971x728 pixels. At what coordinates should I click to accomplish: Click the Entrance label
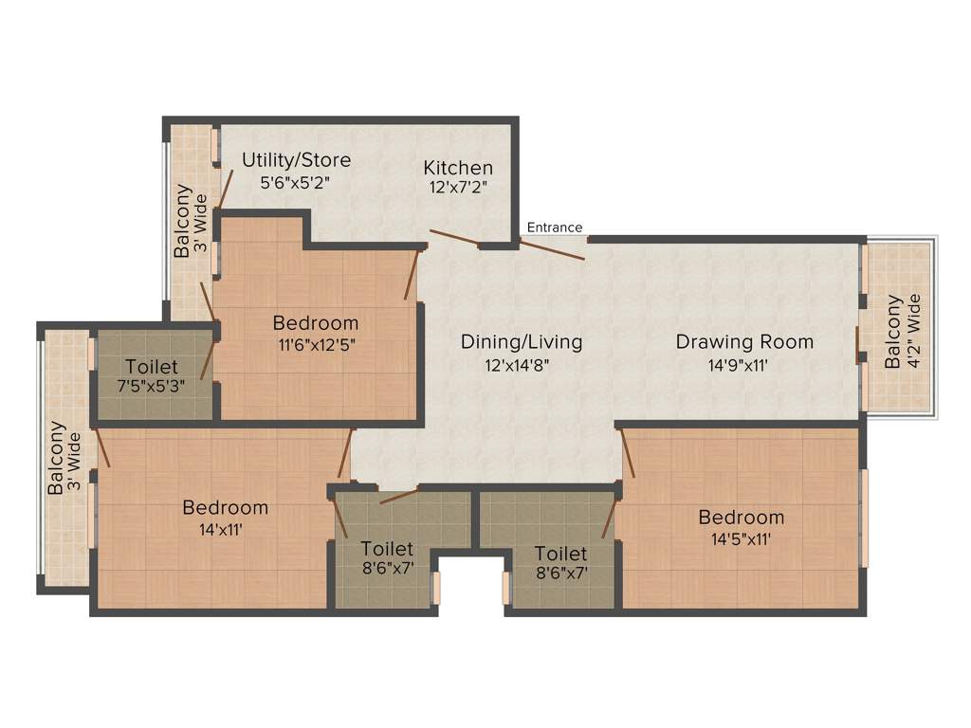coord(555,227)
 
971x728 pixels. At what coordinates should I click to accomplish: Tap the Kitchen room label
coord(458,168)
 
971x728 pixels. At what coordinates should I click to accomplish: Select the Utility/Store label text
coord(296,159)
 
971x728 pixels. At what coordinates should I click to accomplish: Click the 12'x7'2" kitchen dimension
coord(458,188)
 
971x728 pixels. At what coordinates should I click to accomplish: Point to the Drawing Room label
coord(744,341)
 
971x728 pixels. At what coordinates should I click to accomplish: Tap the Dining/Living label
coord(522,341)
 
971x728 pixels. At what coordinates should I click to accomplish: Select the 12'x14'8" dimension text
coord(518,363)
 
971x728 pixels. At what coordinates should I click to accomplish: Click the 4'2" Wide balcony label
coord(904,331)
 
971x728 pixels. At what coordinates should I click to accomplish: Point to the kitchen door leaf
coord(453,237)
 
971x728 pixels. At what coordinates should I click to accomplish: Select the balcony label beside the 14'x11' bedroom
coord(64,458)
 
